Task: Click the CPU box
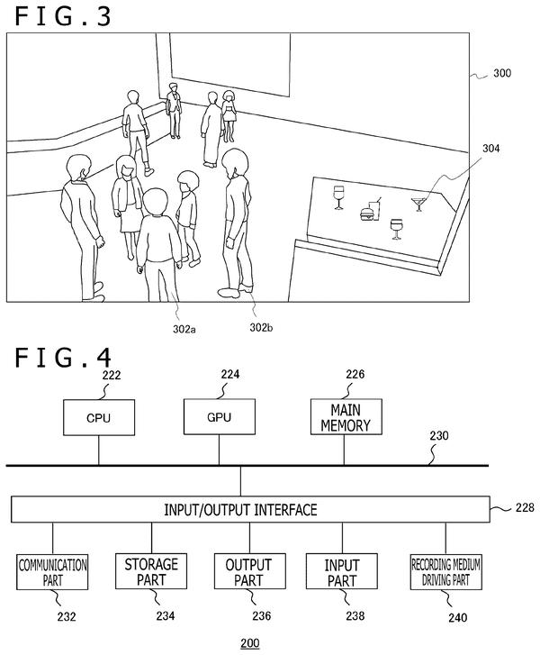99,417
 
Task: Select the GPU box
220,416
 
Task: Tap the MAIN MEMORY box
346,416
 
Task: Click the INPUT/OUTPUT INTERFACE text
240,510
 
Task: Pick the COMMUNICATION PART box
52,572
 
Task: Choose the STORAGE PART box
151,571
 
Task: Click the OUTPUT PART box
250,571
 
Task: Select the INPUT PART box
342,571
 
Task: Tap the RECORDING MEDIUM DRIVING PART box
446,572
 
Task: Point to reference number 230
439,436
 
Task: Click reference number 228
525,507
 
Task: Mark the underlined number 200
250,642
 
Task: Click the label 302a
184,329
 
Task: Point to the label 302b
261,328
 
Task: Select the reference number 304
490,149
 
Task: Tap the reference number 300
502,73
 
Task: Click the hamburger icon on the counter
366,214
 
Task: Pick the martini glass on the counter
418,205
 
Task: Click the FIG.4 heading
63,358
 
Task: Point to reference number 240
458,617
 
